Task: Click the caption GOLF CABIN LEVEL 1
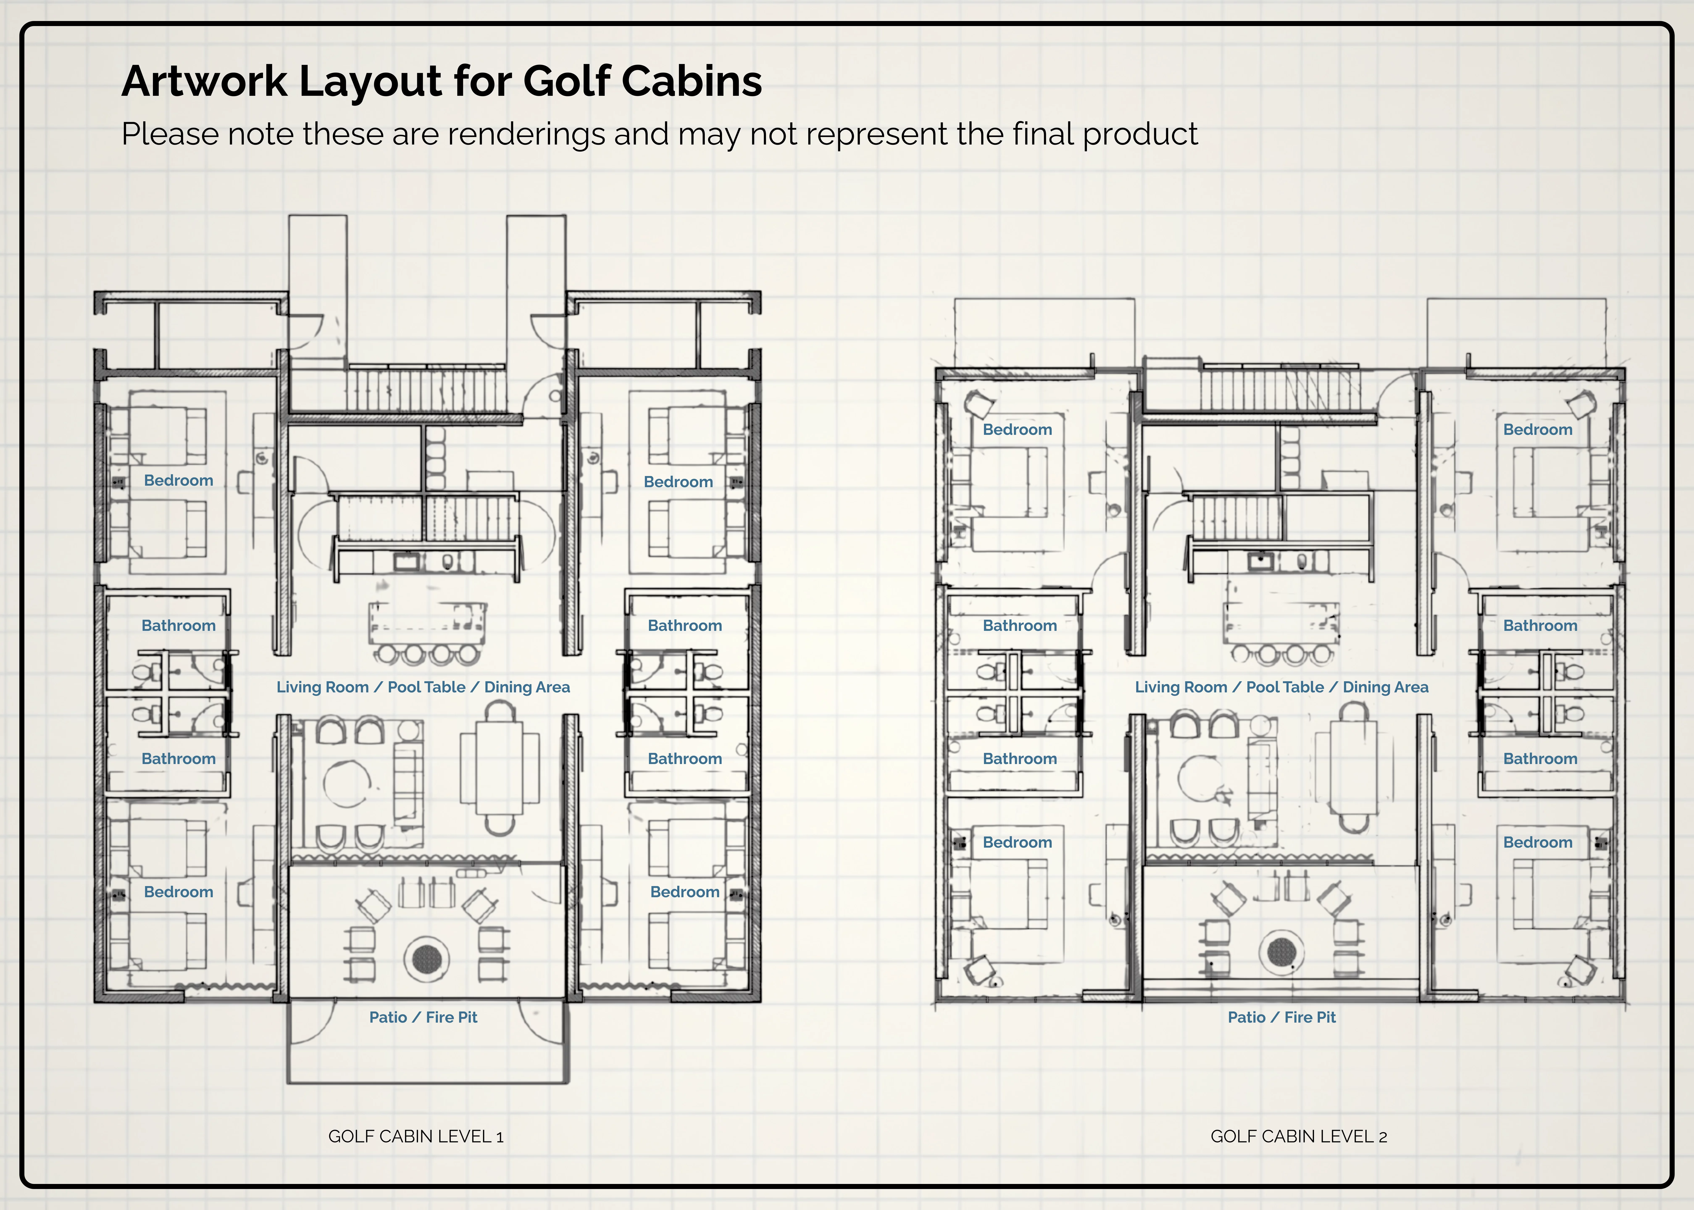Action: [416, 1136]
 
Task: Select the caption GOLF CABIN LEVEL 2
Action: [1298, 1136]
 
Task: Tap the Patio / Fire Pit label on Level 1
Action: [423, 1017]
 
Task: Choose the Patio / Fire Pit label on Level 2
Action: [1281, 1017]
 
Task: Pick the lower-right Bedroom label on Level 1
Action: [685, 892]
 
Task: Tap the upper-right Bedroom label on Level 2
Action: [1537, 429]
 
